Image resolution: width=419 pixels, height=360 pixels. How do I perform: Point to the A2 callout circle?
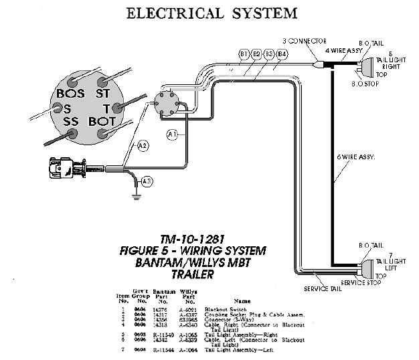point(143,145)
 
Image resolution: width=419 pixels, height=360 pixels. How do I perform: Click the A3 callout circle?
point(147,181)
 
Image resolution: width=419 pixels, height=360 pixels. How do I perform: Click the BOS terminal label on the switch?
point(70,94)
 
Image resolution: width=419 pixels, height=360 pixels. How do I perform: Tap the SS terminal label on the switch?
point(72,122)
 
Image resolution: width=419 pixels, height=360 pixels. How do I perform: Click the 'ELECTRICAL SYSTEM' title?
point(209,13)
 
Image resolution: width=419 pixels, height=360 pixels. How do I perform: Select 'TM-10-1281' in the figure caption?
point(191,239)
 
